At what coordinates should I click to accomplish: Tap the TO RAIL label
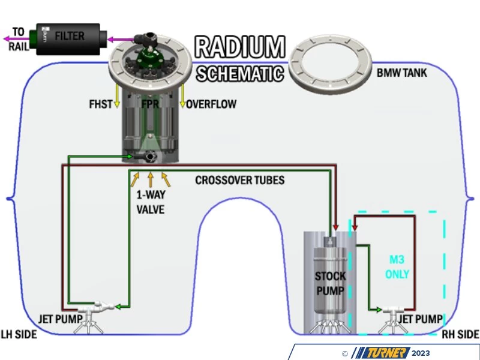19,40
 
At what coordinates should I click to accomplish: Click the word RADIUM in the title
240,49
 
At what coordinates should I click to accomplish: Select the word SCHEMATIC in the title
240,73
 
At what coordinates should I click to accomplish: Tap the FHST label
100,104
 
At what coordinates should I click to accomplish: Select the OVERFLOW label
211,104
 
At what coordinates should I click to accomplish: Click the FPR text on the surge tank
151,104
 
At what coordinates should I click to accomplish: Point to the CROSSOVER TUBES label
239,180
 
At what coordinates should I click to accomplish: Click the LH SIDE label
19,334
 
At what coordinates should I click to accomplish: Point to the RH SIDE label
460,334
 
